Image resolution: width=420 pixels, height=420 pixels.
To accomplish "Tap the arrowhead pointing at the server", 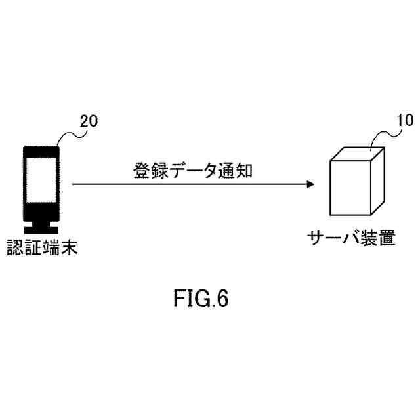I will tap(309, 184).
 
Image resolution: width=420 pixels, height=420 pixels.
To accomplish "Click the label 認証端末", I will tap(37, 248).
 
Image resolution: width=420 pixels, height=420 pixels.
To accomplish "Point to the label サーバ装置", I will tap(351, 237).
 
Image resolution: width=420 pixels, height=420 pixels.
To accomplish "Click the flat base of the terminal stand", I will tap(41, 230).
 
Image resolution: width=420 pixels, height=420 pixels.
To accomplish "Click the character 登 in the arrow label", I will tap(140, 172).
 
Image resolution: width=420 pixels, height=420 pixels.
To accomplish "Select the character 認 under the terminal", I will tap(14, 248).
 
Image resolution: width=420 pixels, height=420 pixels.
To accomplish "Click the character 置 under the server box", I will tap(387, 237).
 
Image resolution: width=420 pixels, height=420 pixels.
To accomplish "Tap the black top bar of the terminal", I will tap(41, 151).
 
